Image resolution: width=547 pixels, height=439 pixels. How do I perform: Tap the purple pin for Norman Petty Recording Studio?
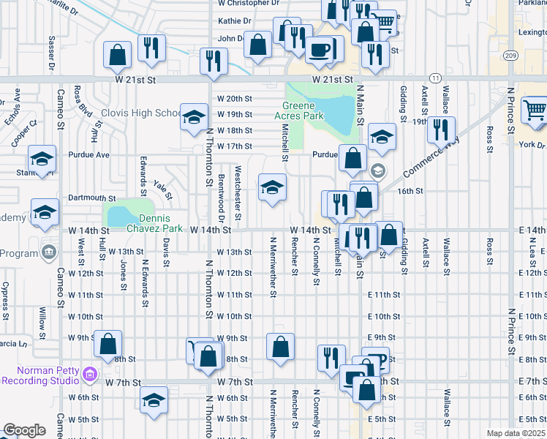tap(90, 375)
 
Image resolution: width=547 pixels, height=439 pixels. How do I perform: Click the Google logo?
tap(24, 430)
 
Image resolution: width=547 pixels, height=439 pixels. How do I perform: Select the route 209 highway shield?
tap(511, 56)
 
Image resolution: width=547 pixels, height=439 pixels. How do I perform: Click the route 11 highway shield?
tap(435, 77)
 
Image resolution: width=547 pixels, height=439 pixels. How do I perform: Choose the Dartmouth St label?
tap(92, 198)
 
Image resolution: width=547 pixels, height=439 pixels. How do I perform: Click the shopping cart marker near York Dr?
tap(535, 110)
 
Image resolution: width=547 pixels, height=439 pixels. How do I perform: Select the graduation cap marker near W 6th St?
tap(154, 400)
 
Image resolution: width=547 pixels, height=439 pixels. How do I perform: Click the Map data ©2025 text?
tap(515, 433)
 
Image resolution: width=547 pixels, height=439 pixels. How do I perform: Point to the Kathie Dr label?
tap(234, 21)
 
